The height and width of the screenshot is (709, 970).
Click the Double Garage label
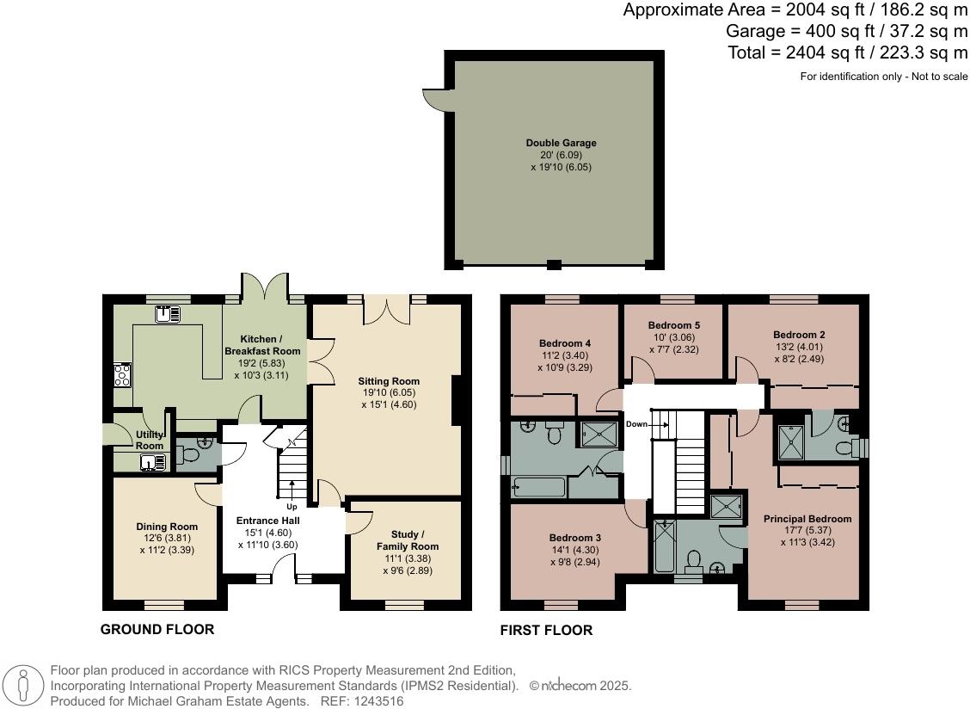[561, 143]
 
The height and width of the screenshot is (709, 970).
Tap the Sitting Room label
[389, 381]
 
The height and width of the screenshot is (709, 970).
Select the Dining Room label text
[167, 527]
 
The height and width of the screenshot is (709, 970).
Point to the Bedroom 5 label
[673, 325]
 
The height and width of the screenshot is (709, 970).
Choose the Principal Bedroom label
[807, 519]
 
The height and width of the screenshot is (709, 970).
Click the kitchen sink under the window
[167, 314]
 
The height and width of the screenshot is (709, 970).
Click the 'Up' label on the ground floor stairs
[292, 507]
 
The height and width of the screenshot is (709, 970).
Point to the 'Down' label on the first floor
[637, 424]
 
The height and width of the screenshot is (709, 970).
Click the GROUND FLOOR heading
[157, 629]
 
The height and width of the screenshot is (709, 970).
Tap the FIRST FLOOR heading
[546, 630]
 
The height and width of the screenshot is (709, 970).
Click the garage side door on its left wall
[438, 101]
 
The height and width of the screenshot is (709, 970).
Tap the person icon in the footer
[24, 686]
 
